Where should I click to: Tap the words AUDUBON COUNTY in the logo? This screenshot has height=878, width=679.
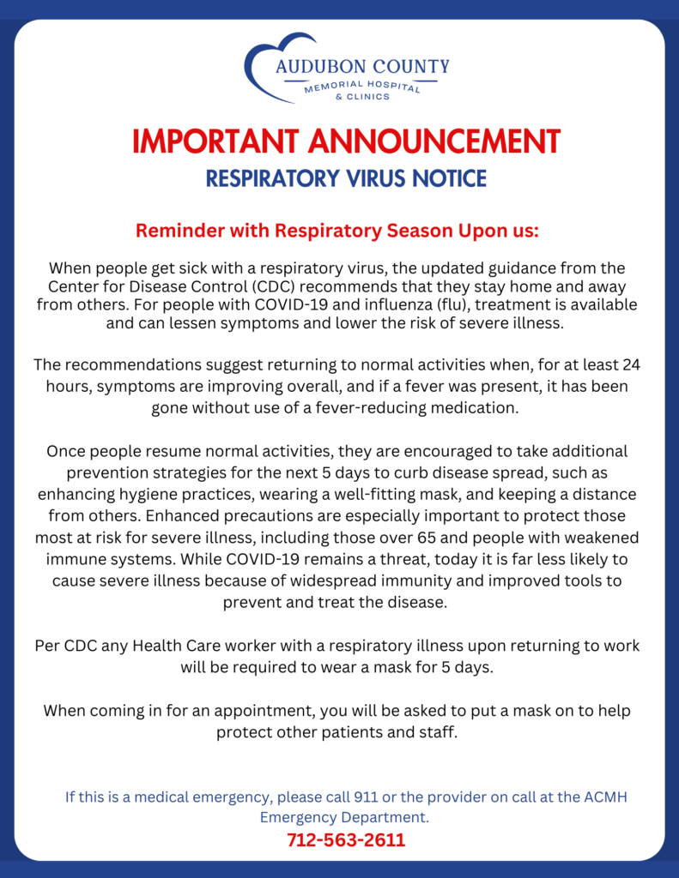pos(362,67)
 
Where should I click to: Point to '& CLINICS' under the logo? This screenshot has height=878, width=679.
pos(362,97)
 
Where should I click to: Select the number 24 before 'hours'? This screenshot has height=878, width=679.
pos(630,365)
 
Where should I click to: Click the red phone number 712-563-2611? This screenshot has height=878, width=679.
pos(346,839)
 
